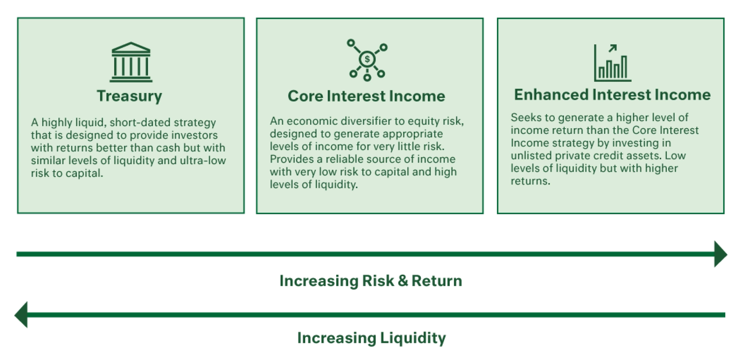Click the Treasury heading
pos(130,96)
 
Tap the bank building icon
pos(131,62)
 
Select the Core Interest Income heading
pos(366,96)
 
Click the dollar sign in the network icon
pos(367,59)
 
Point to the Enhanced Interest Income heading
pos(612,95)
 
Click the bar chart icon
pos(613,63)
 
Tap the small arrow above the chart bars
pos(612,48)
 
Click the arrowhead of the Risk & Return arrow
pos(721,254)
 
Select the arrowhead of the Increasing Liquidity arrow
pos(21,315)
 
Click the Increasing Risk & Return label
pos(371,281)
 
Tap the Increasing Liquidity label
pos(372,338)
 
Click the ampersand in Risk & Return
pos(402,281)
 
